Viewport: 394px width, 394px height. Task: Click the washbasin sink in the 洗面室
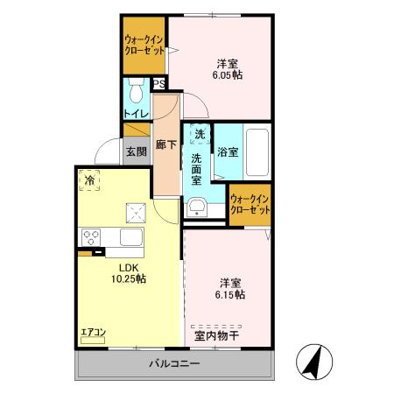click(x=198, y=207)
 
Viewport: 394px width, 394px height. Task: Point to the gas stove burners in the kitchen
click(x=91, y=236)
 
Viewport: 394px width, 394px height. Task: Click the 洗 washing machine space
click(x=200, y=136)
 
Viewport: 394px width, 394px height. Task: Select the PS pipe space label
click(x=159, y=84)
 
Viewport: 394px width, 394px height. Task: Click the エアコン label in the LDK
click(x=93, y=332)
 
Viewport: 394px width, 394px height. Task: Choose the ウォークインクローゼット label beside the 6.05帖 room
click(x=144, y=44)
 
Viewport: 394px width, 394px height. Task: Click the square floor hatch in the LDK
click(x=136, y=209)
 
